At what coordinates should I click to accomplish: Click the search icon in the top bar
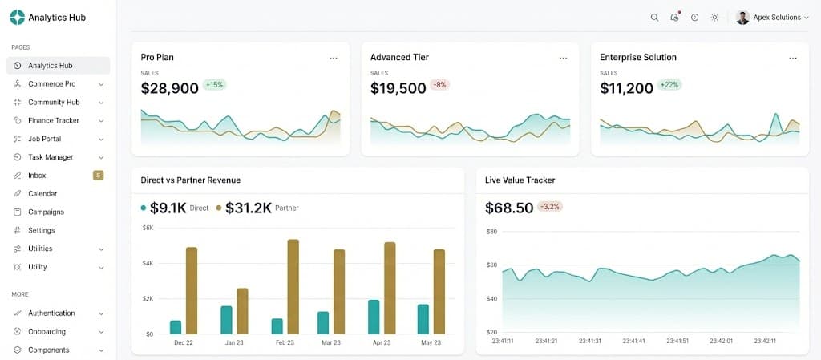click(654, 18)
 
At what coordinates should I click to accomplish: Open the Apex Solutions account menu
click(773, 18)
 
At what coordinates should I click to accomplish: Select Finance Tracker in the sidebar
click(53, 120)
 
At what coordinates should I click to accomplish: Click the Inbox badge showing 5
click(98, 176)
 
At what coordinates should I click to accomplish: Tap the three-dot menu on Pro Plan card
click(334, 58)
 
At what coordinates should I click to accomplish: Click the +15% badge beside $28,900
click(214, 85)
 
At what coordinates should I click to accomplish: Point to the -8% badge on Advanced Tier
click(439, 85)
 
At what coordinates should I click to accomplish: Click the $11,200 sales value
click(626, 88)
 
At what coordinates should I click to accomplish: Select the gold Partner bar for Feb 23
click(293, 286)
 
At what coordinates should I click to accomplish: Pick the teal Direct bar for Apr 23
click(374, 317)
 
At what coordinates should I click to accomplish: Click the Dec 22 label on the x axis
click(183, 342)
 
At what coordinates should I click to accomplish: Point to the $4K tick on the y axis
click(148, 263)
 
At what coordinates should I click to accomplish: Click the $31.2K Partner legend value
click(249, 208)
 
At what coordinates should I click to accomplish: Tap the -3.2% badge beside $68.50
click(550, 207)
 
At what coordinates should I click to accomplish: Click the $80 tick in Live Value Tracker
click(491, 231)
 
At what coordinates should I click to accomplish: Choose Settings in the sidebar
click(41, 230)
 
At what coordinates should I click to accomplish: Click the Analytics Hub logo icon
click(17, 17)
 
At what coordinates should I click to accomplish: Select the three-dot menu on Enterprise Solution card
click(793, 58)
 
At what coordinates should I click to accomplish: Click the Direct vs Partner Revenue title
click(190, 180)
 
